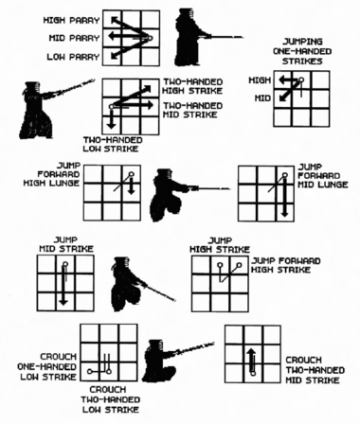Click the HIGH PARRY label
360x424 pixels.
coord(71,20)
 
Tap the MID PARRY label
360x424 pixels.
coord(74,38)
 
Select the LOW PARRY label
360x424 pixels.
coord(73,57)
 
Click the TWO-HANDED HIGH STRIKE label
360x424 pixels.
coord(192,86)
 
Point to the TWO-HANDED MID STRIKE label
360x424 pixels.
coord(192,110)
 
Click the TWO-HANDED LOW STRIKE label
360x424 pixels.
coord(113,144)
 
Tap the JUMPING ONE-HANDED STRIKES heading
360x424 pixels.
coord(302,51)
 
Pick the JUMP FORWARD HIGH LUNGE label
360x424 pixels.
coord(52,174)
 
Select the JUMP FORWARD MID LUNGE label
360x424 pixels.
coord(323,175)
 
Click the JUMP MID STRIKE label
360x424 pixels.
coord(66,244)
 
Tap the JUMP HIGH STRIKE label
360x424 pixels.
coord(220,245)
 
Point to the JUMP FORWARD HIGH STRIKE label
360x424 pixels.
coord(286,265)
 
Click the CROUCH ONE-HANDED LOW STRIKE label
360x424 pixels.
coord(47,366)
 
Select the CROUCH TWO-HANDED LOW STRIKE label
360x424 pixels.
coord(111,399)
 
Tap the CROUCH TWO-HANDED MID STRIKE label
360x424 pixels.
coord(315,370)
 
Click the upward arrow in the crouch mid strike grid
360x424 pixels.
coord(251,360)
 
